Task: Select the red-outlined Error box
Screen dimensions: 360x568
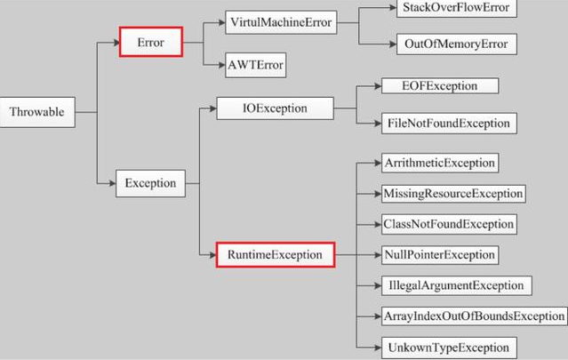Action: [151, 41]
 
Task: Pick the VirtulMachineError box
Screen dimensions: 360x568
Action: [280, 21]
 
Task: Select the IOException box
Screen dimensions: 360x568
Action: [275, 108]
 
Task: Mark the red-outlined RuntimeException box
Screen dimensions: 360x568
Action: [276, 255]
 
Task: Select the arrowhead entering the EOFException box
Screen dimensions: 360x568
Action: [374, 87]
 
